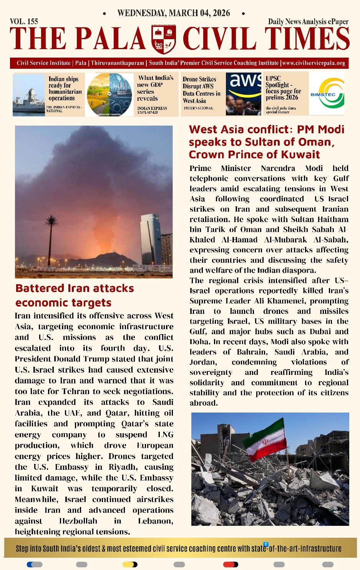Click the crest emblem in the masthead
(x=164, y=39)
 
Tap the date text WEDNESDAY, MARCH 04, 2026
(x=174, y=13)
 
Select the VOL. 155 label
(x=24, y=22)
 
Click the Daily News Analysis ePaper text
(x=308, y=22)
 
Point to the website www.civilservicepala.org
(x=314, y=63)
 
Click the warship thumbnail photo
(x=29, y=95)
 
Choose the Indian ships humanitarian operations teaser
(x=65, y=89)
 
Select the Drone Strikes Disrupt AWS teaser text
(x=201, y=90)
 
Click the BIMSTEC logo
(x=327, y=94)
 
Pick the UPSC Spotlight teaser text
(x=284, y=88)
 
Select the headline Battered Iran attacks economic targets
(x=75, y=295)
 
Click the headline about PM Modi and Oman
(x=266, y=142)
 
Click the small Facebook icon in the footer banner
(x=265, y=544)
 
